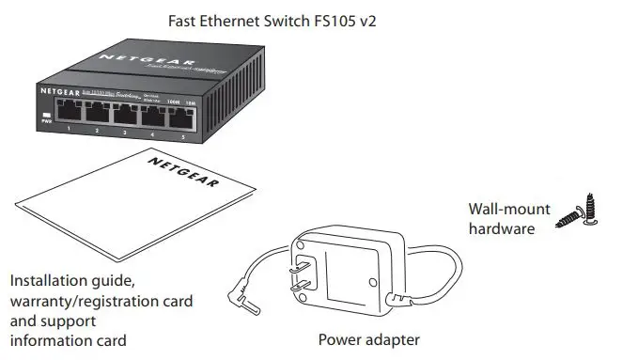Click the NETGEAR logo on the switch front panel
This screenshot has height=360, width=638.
(59, 91)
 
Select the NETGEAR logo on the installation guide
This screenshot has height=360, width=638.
(180, 173)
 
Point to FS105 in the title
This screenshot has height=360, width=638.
(334, 20)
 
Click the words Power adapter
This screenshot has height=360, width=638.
(368, 339)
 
